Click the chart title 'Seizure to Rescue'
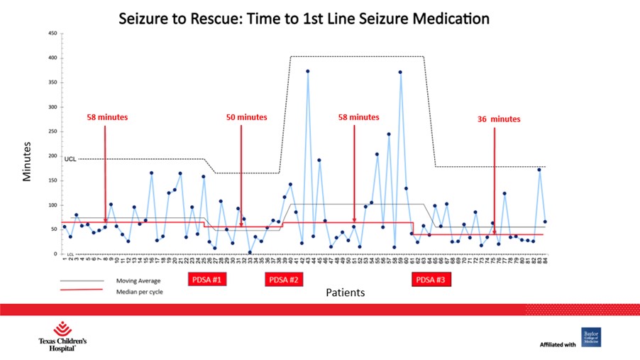[304, 18]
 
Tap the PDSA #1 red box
[206, 280]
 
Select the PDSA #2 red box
[285, 280]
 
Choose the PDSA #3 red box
[431, 280]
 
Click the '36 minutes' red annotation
[499, 119]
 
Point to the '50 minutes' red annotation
[246, 117]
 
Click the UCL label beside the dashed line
[70, 159]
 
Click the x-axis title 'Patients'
[346, 292]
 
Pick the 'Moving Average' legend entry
[138, 281]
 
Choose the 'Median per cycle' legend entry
[139, 291]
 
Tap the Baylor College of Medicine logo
[590, 337]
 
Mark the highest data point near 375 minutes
[307, 71]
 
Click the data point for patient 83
[539, 170]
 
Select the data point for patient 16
[151, 173]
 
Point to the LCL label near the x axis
[70, 253]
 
